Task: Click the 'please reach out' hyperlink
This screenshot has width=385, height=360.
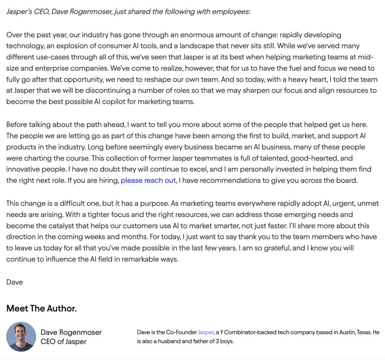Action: tap(148, 181)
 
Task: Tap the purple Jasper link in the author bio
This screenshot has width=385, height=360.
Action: tap(206, 332)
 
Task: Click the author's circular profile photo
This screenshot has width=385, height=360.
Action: tap(21, 337)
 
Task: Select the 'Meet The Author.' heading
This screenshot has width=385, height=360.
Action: tap(41, 308)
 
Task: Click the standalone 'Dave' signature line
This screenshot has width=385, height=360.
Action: tap(15, 282)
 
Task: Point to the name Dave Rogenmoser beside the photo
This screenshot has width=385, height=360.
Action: tap(71, 332)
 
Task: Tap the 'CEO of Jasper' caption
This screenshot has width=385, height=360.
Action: tap(64, 342)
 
